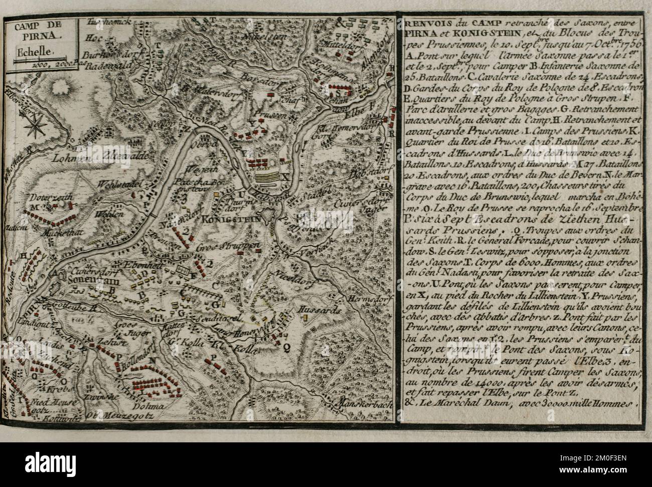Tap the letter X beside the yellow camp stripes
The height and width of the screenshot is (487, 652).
(x=285, y=176)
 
